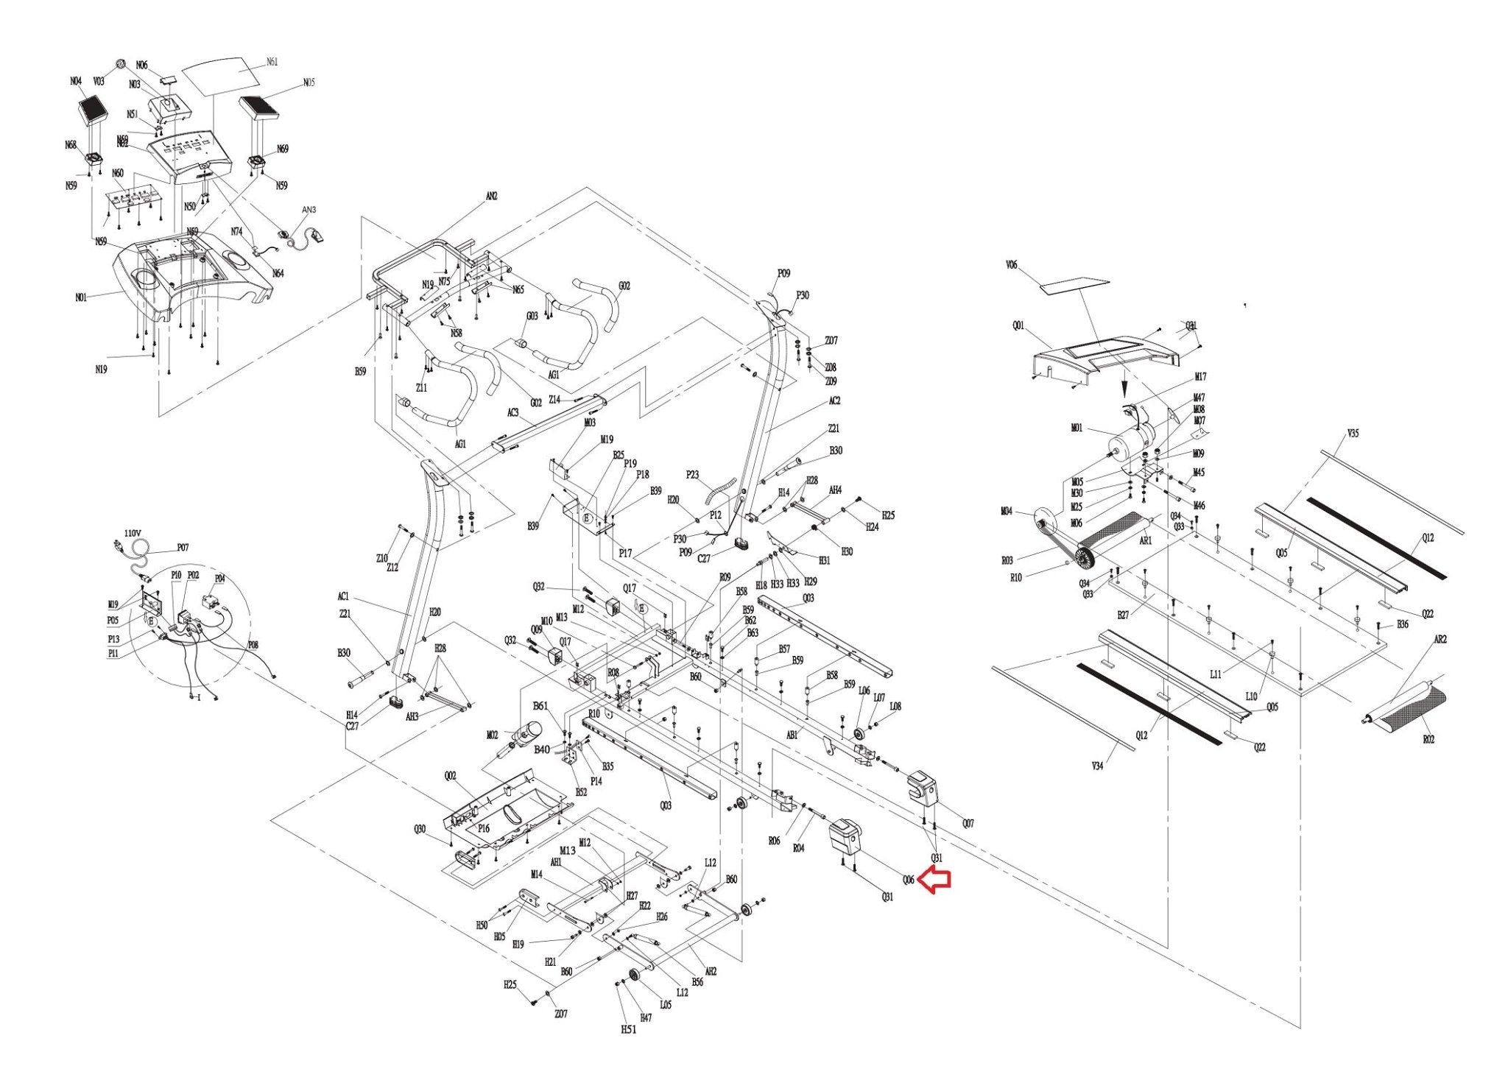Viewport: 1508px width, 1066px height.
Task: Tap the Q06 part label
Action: (x=909, y=880)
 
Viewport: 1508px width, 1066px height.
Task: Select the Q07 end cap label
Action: (x=968, y=824)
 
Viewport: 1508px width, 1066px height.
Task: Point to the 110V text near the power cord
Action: (x=133, y=533)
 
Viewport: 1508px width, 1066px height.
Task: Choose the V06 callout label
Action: (x=1011, y=265)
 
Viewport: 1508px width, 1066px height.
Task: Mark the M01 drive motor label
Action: (x=1077, y=428)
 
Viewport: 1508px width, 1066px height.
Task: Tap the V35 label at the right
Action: (x=1353, y=434)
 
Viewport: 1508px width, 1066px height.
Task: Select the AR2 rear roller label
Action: (x=1440, y=640)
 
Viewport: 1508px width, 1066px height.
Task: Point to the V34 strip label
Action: (x=1097, y=766)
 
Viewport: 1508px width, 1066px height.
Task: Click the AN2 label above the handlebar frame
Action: (x=492, y=197)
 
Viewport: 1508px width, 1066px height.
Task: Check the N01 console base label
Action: (x=81, y=297)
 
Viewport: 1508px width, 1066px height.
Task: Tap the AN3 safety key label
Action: (x=309, y=210)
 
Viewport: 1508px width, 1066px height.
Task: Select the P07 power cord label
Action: (x=183, y=548)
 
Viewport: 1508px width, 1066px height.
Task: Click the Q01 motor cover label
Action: (x=1018, y=325)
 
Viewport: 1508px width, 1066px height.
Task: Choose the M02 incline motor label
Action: (x=493, y=735)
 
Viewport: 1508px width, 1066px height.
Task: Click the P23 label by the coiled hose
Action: (x=692, y=475)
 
